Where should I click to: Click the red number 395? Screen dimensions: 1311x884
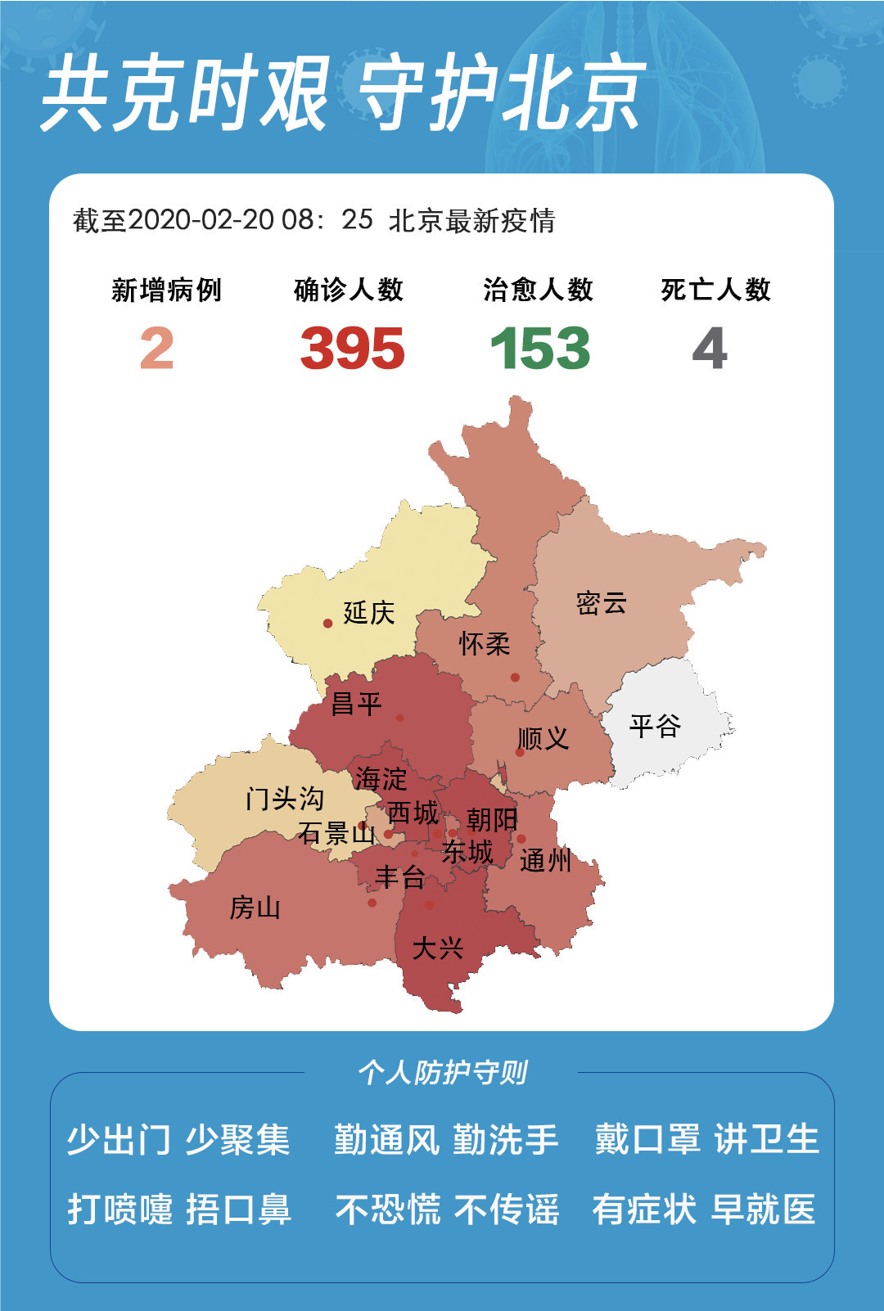(352, 349)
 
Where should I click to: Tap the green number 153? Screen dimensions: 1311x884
(540, 349)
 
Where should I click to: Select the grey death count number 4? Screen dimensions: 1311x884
(710, 349)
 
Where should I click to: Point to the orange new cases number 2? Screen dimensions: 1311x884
(157, 349)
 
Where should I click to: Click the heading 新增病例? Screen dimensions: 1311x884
(166, 290)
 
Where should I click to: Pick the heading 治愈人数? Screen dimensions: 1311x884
(538, 290)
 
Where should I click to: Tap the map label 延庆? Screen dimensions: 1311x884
(368, 612)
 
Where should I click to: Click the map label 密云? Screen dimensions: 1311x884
(601, 603)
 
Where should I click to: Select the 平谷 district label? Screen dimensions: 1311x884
(655, 725)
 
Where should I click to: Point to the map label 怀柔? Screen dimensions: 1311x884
(484, 644)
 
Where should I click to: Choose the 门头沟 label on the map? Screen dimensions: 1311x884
(284, 798)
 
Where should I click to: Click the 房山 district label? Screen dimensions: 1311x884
(255, 908)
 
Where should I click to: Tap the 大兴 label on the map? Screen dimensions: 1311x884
(437, 948)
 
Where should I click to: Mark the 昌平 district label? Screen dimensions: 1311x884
(356, 704)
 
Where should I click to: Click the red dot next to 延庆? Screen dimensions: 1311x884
(327, 624)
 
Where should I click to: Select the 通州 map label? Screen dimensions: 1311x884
(544, 860)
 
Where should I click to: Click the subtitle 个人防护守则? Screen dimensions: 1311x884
(442, 1072)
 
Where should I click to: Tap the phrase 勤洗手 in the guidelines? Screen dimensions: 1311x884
(505, 1140)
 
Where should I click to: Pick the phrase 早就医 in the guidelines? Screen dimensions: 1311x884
(763, 1210)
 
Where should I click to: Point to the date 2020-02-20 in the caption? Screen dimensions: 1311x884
(201, 220)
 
